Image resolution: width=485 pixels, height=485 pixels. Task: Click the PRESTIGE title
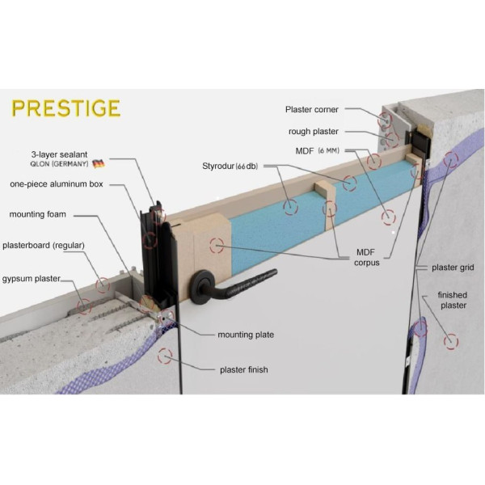pos(66,108)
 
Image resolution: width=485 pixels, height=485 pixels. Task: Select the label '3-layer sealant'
pos(60,153)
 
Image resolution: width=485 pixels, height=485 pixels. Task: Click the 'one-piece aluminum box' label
pos(59,184)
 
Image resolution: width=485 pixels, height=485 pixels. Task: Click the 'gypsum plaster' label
pos(32,278)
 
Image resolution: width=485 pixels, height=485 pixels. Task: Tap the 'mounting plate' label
pos(246,334)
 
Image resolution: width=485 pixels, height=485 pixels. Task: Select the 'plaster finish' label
pos(244,369)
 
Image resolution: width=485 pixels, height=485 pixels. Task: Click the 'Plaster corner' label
pos(312,109)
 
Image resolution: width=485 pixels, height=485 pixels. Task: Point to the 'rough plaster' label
pos(313,131)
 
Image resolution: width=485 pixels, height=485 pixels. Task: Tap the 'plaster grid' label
pos(453,268)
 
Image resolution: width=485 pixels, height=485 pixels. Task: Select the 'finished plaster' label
pos(453,300)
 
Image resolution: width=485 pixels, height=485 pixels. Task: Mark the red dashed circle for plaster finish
pos(166,354)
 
